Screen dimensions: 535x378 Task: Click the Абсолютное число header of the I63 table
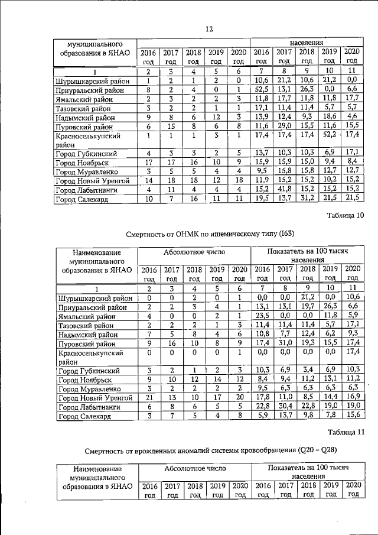click(194, 252)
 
